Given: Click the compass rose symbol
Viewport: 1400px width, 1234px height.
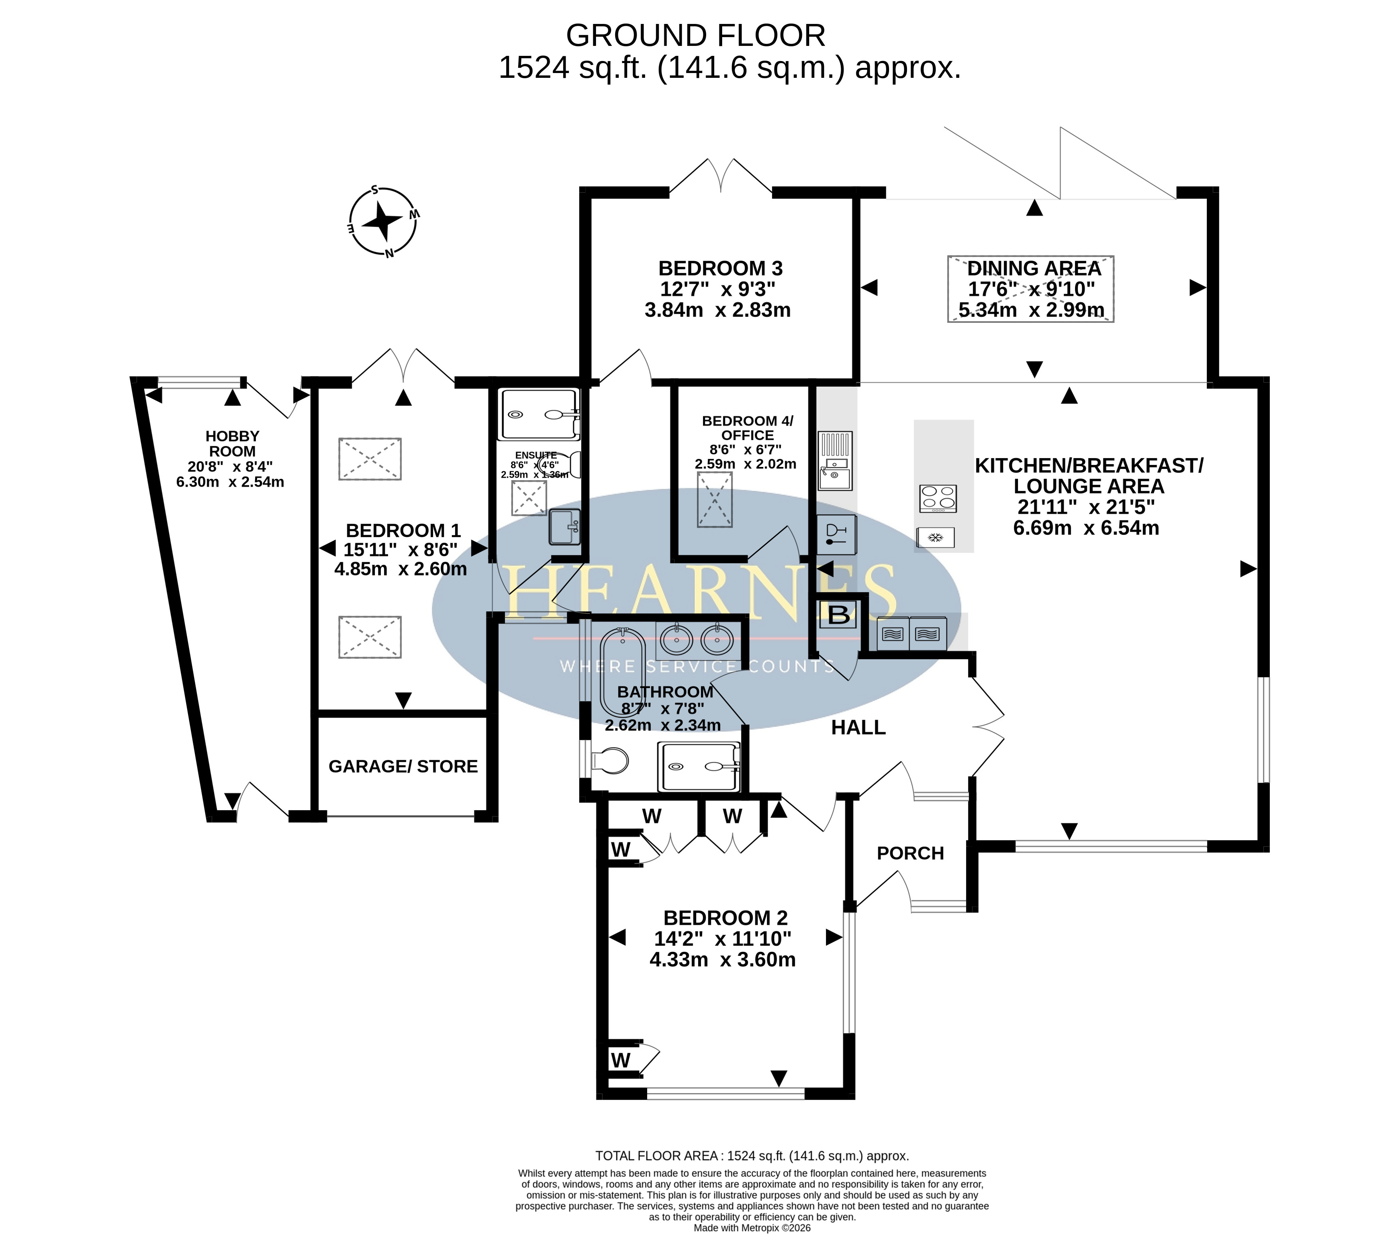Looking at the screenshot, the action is (x=383, y=221).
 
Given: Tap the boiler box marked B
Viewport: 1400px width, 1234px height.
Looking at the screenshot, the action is (x=838, y=614).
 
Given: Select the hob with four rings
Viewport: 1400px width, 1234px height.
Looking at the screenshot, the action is (x=938, y=498).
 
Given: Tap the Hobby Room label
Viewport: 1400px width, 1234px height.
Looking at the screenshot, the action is (x=232, y=444).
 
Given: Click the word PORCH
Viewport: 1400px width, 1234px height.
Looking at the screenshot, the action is (x=910, y=853).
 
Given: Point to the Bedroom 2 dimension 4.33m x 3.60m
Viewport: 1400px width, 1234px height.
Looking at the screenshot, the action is (x=723, y=959).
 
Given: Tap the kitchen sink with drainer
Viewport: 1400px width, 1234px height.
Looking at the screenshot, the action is (x=835, y=461).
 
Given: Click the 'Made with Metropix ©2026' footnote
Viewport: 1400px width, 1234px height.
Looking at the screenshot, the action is (x=752, y=1228).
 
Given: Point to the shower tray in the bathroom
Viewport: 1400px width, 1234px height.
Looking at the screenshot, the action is (x=699, y=767).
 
